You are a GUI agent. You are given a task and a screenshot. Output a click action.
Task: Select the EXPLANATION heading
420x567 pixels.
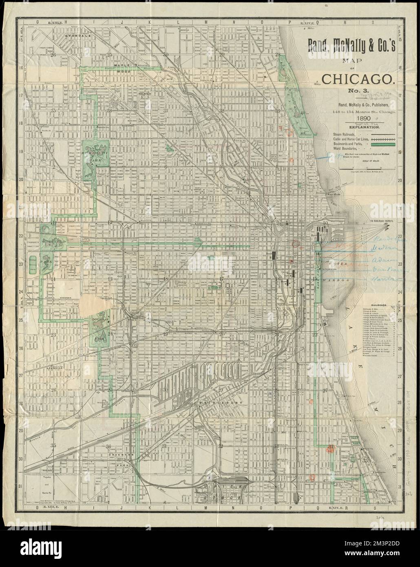click(x=358, y=127)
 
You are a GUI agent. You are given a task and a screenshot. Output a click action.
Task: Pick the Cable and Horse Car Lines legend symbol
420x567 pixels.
click(x=385, y=139)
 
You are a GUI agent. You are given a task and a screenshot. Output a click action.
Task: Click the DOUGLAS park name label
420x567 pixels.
click(x=99, y=319)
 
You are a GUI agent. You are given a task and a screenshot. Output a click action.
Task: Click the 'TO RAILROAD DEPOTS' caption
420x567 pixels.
click(x=385, y=221)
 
